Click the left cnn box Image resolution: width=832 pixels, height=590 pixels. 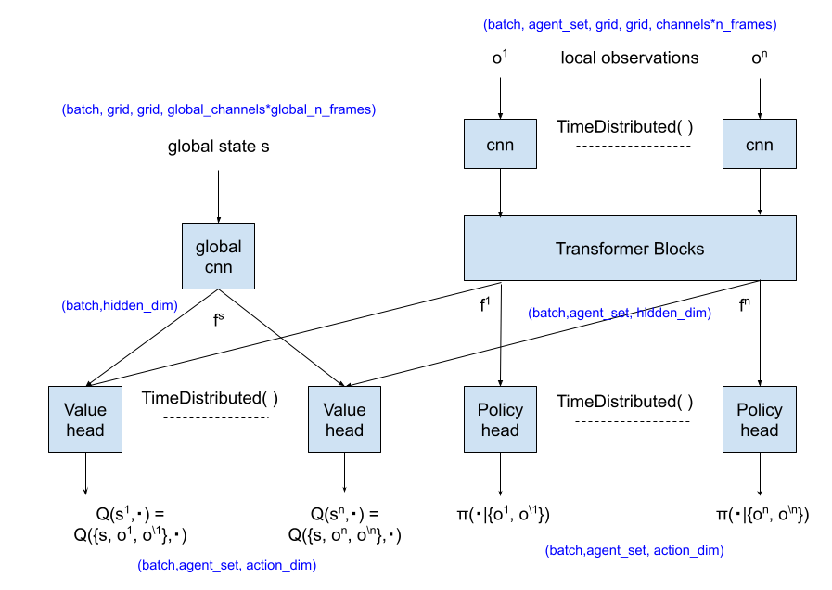(x=500, y=144)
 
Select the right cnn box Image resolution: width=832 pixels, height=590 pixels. (x=759, y=144)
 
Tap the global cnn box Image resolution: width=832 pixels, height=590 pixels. (x=218, y=256)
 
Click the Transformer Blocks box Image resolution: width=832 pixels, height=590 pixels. (x=630, y=248)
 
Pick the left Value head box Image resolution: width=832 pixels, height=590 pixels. (x=85, y=419)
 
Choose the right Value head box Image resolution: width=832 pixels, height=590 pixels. (x=344, y=419)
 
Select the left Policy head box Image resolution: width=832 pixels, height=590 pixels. (x=500, y=419)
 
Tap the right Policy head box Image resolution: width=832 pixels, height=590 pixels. (x=759, y=419)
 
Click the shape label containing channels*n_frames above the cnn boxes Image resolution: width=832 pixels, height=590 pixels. (x=630, y=25)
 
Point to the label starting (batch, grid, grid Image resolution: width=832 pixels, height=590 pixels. (x=218, y=109)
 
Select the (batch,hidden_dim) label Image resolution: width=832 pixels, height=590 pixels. (x=120, y=305)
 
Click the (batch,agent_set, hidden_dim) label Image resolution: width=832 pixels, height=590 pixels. (x=620, y=314)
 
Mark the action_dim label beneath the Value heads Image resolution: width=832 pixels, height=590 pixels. (x=227, y=565)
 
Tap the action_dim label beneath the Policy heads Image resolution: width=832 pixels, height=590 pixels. (x=634, y=550)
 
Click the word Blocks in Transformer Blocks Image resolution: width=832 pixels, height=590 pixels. (x=678, y=249)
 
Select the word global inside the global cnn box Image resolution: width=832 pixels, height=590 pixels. (x=218, y=247)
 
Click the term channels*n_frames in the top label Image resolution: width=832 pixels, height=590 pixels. (x=716, y=25)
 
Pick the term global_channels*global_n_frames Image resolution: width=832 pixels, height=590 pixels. (x=271, y=109)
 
